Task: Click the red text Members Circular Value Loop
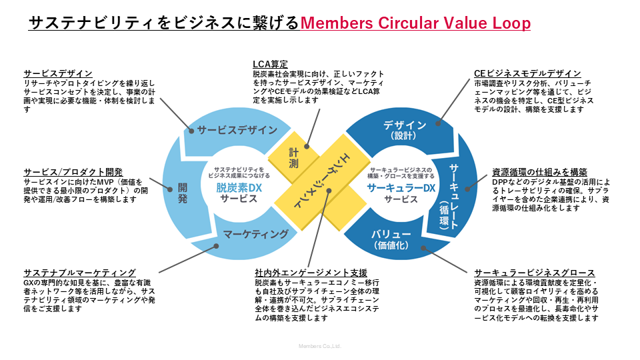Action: coord(415,23)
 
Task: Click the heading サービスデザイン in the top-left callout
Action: coord(57,73)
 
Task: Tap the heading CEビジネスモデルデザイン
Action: coord(527,73)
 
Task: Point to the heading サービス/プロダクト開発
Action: coord(73,172)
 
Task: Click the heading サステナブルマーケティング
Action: coord(79,273)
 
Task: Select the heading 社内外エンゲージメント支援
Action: coord(311,273)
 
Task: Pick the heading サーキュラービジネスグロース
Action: coord(534,273)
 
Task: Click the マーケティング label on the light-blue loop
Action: coord(256,234)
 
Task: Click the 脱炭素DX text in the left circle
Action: coord(239,188)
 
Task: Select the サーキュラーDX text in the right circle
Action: coord(401,188)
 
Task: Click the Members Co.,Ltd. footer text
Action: coord(319,347)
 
